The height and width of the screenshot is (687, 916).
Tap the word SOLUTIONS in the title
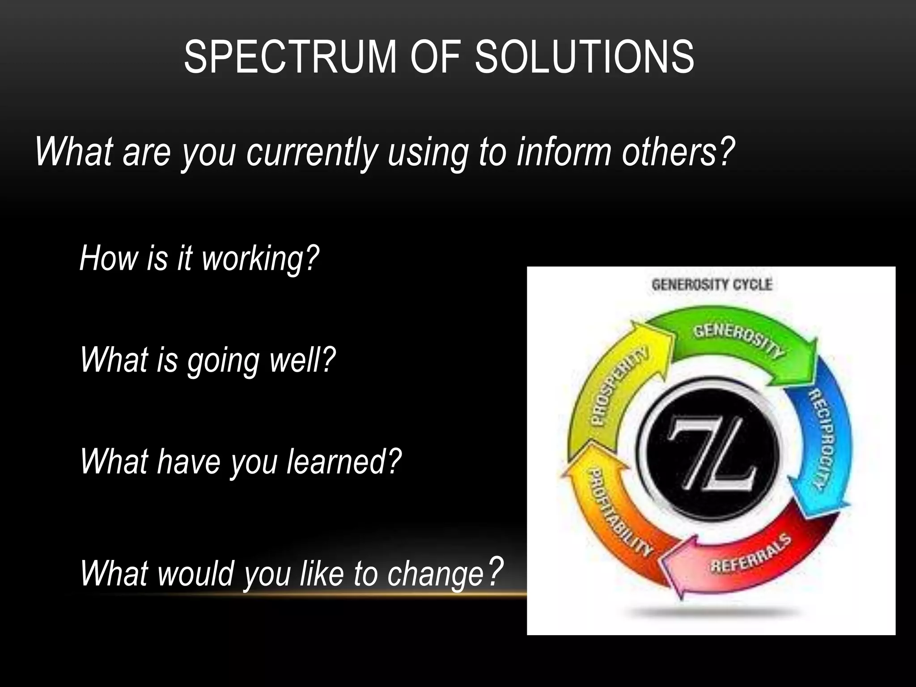[584, 57]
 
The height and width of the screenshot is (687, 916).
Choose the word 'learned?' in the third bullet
[343, 462]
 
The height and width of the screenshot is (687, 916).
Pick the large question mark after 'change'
[495, 571]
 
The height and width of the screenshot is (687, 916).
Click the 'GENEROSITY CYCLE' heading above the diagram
[712, 285]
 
